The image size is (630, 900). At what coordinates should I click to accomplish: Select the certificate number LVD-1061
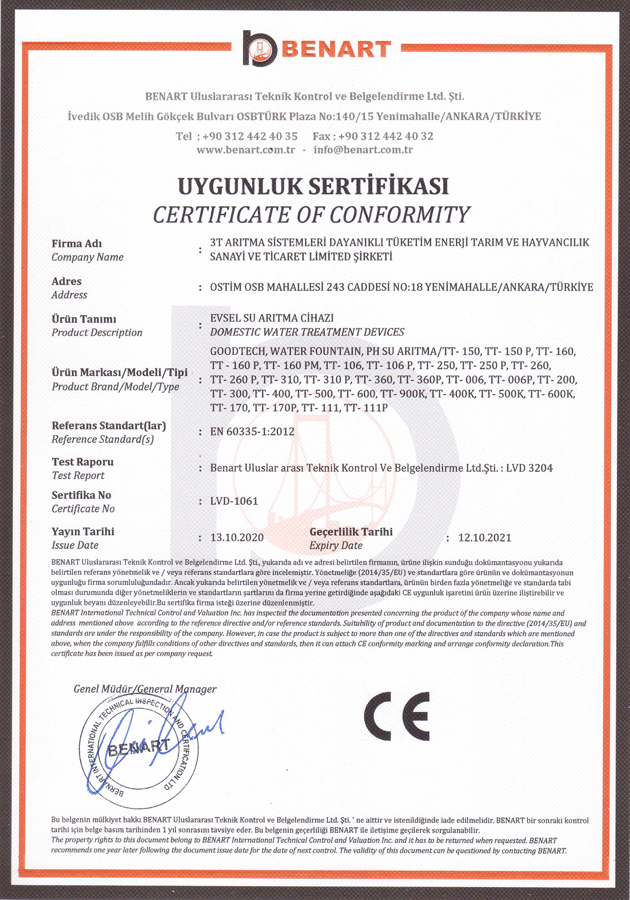click(234, 501)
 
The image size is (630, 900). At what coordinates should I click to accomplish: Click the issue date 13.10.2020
click(237, 537)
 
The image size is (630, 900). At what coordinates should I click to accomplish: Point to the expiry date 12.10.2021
click(484, 537)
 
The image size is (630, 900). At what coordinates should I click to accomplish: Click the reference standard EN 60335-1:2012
click(252, 431)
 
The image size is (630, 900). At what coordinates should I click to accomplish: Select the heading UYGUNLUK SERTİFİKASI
click(313, 186)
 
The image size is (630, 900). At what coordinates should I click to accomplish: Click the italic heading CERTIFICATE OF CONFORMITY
click(311, 215)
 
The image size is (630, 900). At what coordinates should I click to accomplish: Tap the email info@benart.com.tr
click(363, 150)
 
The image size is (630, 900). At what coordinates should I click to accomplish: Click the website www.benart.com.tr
click(245, 150)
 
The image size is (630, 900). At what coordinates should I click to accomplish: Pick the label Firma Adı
click(77, 243)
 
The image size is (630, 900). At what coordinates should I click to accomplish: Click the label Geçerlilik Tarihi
click(351, 532)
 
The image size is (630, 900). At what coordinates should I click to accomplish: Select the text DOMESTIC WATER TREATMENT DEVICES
click(307, 332)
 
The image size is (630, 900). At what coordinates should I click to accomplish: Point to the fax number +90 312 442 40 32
click(386, 136)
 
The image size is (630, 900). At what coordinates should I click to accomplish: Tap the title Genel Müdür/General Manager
click(145, 689)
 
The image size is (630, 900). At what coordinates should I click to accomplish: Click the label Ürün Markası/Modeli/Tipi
click(120, 372)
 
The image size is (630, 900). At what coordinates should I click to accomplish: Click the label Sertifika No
click(81, 495)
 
